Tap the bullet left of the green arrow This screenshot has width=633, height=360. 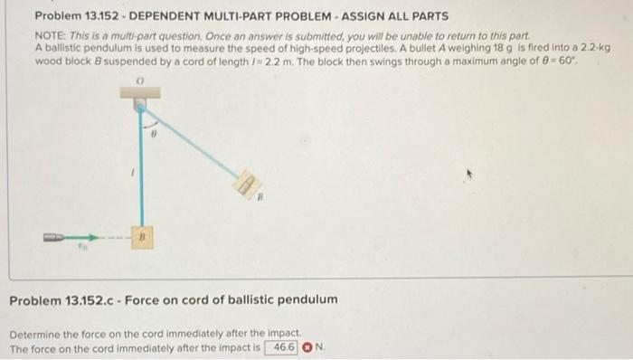(52, 237)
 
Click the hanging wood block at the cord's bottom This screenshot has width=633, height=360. (139, 239)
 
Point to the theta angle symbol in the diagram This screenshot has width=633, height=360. (155, 132)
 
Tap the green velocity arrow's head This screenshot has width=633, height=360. (91, 237)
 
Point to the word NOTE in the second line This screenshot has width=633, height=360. (51, 34)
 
